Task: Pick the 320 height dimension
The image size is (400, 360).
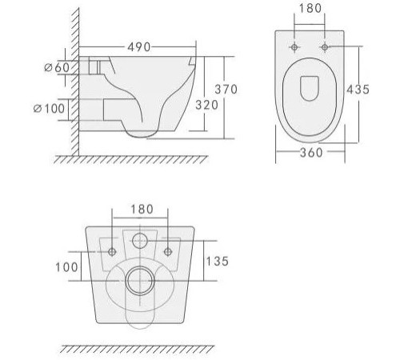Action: click(x=207, y=106)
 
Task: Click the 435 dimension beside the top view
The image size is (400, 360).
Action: click(x=358, y=90)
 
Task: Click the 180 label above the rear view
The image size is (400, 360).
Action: click(x=140, y=210)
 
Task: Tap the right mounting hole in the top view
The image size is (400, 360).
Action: click(x=324, y=48)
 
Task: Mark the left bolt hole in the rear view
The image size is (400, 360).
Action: click(x=112, y=253)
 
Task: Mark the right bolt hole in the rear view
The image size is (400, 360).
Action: click(x=168, y=253)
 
